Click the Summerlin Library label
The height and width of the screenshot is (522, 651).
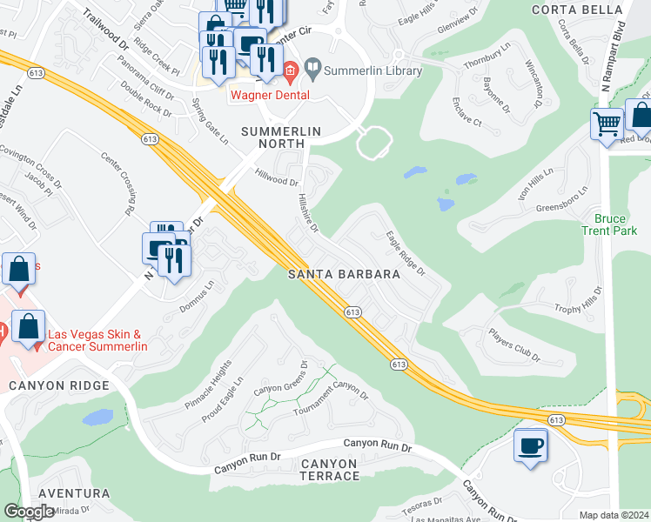372,70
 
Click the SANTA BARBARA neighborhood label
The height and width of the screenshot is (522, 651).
344,274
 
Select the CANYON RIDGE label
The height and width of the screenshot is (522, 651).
59,385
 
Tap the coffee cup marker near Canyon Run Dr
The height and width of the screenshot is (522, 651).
531,446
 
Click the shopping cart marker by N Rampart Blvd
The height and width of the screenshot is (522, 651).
607,122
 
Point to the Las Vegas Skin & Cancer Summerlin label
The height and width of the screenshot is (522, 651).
97,340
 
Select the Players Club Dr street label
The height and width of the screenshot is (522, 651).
513,345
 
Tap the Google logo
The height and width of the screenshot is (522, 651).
30,512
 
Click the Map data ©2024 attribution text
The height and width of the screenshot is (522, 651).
613,515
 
